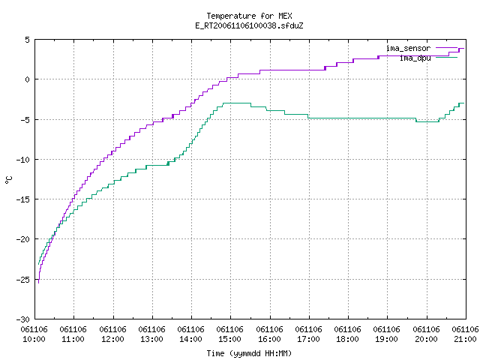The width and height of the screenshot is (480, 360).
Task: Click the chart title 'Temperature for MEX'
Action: (x=249, y=16)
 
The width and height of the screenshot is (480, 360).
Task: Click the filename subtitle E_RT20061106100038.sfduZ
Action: (x=249, y=25)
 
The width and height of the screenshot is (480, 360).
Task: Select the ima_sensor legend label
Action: (x=408, y=48)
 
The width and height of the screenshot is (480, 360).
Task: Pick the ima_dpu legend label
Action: (x=415, y=58)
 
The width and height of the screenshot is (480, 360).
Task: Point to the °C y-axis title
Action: (x=9, y=180)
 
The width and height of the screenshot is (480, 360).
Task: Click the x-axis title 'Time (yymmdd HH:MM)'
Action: (x=249, y=353)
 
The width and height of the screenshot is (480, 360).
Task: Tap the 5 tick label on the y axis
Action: (x=27, y=40)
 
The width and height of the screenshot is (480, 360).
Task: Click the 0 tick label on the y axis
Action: (x=27, y=79)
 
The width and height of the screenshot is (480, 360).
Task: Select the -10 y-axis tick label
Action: (x=23, y=160)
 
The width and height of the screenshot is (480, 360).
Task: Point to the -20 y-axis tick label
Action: (x=23, y=239)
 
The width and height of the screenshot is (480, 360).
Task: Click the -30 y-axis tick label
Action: (x=23, y=319)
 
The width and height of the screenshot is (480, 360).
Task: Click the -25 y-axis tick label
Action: (x=23, y=280)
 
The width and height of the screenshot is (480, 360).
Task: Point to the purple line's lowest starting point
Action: (x=38, y=283)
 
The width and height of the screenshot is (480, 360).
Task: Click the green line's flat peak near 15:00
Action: (x=237, y=103)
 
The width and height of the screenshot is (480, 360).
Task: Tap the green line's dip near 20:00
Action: (x=427, y=121)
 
